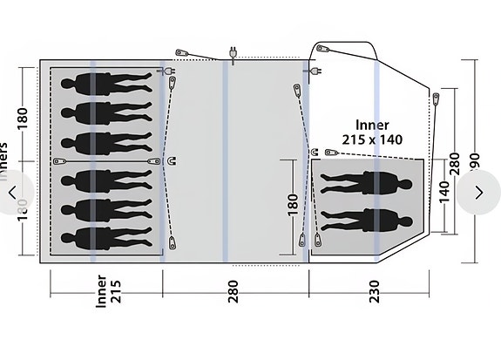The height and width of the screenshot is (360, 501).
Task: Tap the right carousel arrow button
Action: click(x=478, y=192)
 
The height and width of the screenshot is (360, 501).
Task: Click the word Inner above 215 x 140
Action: click(x=372, y=125)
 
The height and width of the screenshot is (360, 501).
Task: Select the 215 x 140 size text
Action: click(x=372, y=139)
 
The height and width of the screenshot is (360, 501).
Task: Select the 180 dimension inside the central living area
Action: click(x=292, y=205)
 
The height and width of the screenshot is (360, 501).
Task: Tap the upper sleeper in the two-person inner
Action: click(x=369, y=184)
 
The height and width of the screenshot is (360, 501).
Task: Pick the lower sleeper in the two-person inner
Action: click(x=369, y=218)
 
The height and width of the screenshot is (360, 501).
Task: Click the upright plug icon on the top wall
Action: click(x=233, y=53)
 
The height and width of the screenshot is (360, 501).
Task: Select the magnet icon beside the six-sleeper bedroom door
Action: click(x=171, y=160)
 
